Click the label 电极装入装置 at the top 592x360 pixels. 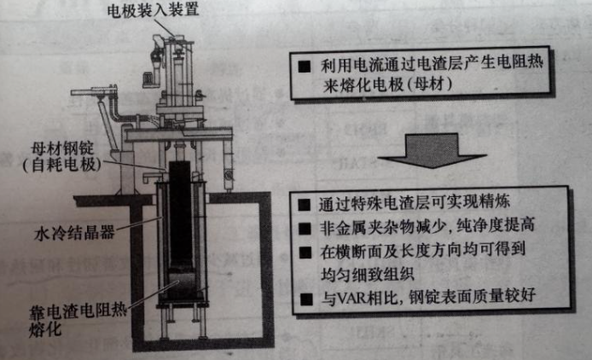click(x=153, y=10)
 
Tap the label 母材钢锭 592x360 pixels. click(x=62, y=148)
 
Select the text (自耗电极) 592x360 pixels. click(x=62, y=165)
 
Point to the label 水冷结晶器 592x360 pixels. click(x=74, y=233)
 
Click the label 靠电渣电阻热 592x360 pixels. click(x=78, y=311)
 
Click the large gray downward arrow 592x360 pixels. click(x=432, y=150)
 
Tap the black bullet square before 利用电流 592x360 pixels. click(x=305, y=67)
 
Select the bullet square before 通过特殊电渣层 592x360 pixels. click(x=304, y=205)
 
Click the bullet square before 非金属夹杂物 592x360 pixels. click(x=305, y=229)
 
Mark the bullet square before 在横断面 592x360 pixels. click(x=305, y=253)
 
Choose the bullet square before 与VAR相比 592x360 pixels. click(x=306, y=299)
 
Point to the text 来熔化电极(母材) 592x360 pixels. click(x=387, y=84)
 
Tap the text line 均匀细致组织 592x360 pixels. click(x=368, y=275)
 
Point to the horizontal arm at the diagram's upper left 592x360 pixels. click(x=94, y=91)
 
